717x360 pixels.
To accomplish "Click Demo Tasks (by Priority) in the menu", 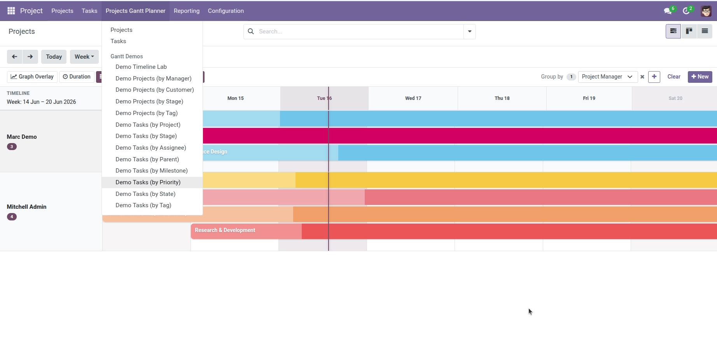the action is [148, 182].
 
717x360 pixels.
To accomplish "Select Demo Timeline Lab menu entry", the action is [141, 67].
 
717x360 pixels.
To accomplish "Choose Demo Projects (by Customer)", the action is [154, 90].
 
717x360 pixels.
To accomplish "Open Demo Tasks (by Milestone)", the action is [151, 171].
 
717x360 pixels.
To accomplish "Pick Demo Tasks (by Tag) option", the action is [143, 205].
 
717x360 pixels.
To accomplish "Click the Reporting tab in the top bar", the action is [187, 11].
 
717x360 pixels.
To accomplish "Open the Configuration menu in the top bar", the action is [226, 11].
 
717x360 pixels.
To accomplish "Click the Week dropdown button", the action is [84, 57].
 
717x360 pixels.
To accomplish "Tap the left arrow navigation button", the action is [14, 57].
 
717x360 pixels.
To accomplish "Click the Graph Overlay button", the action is [32, 77].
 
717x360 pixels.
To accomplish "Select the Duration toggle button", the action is [77, 77].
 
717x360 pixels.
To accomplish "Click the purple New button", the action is [700, 77].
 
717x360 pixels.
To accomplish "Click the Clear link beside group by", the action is [674, 77].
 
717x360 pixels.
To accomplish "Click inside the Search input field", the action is [359, 31].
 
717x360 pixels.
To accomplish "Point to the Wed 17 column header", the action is [413, 98].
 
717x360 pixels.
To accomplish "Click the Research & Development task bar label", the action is [225, 230].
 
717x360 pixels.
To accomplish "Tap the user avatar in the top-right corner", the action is [706, 11].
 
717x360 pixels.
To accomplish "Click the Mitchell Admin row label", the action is [26, 207].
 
